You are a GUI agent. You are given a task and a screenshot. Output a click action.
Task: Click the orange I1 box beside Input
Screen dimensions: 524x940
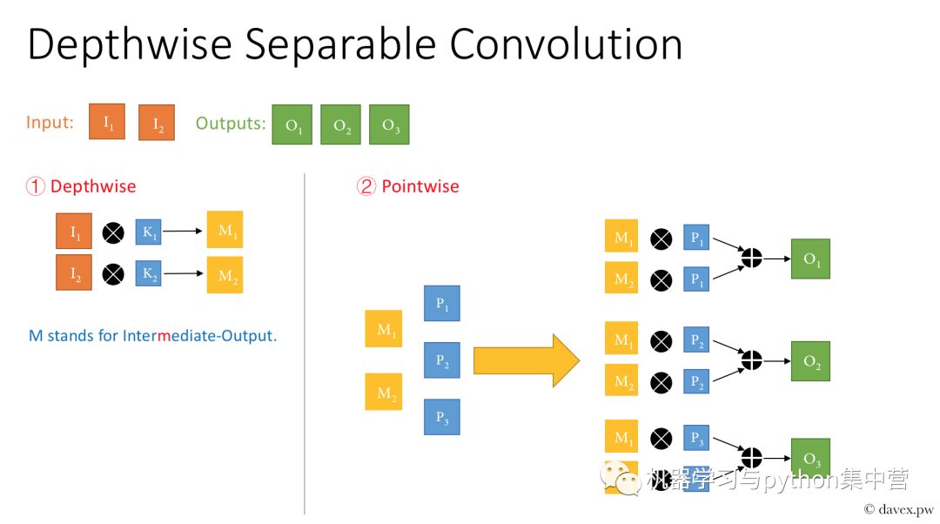107,122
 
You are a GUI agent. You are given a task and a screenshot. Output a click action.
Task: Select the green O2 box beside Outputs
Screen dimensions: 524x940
340,124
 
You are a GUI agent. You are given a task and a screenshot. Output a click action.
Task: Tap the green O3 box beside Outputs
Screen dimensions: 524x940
389,124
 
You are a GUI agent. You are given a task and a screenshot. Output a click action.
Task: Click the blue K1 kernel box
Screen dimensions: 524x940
148,232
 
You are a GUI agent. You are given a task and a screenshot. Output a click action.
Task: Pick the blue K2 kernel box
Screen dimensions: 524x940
148,274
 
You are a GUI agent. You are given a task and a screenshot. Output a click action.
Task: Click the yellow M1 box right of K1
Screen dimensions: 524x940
225,230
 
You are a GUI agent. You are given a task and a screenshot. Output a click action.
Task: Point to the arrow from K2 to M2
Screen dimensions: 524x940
184,274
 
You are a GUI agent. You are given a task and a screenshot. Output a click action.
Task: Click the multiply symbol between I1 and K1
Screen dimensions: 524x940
113,232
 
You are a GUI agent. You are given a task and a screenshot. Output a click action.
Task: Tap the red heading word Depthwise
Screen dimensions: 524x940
93,186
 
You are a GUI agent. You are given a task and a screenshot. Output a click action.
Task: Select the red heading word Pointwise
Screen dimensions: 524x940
420,186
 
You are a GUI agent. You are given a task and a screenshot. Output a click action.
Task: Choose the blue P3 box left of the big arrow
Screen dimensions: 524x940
441,416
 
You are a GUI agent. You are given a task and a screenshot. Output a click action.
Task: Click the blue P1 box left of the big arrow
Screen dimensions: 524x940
441,304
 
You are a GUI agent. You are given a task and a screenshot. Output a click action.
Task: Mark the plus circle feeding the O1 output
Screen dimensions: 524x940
750,258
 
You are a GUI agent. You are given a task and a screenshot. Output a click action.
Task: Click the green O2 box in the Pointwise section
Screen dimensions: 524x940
810,361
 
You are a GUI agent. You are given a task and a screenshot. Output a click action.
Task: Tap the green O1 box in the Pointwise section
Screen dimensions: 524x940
810,259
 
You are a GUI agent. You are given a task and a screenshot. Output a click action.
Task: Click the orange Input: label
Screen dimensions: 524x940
50,123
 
